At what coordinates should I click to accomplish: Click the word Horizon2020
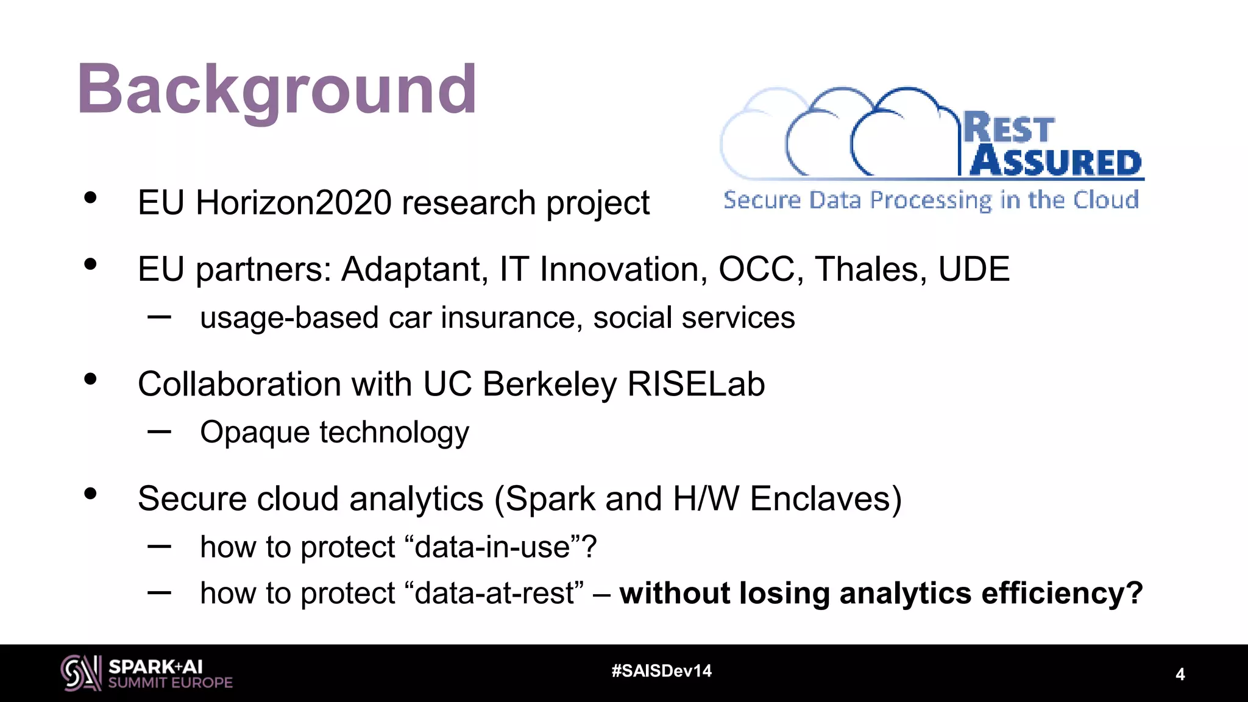pyautogui.click(x=293, y=203)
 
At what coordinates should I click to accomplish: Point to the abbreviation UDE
pyautogui.click(x=973, y=269)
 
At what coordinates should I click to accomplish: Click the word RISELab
pyautogui.click(x=695, y=385)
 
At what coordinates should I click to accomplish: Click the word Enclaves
pyautogui.click(x=825, y=499)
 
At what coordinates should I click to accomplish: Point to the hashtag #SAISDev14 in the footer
pyautogui.click(x=661, y=671)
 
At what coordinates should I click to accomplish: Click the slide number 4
pyautogui.click(x=1180, y=675)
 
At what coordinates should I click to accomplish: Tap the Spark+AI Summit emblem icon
pyautogui.click(x=80, y=673)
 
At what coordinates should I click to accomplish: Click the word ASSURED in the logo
pyautogui.click(x=1055, y=162)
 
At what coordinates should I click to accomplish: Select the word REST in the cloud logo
pyautogui.click(x=1009, y=128)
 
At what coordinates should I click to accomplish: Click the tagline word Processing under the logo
pyautogui.click(x=931, y=200)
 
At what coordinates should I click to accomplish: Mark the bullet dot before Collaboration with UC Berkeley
pyautogui.click(x=91, y=380)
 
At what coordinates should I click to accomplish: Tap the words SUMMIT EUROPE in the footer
pyautogui.click(x=170, y=683)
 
